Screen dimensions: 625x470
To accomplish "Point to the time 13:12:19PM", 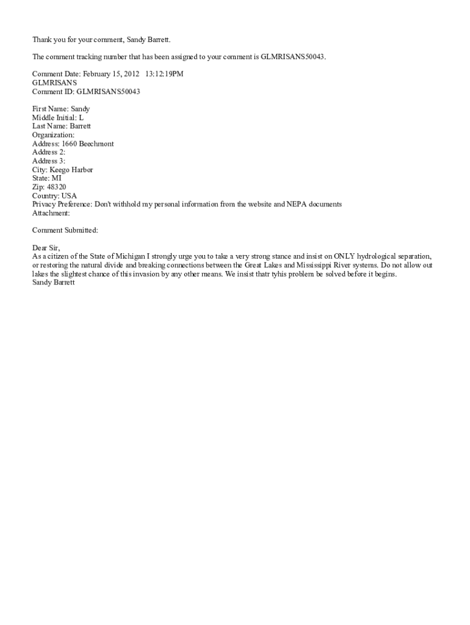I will coord(164,74).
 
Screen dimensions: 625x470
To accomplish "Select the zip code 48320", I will coord(57,187).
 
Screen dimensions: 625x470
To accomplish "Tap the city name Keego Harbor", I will coord(73,170).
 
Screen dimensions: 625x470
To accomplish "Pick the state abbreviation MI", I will coord(57,178).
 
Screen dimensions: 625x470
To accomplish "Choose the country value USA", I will coord(69,196).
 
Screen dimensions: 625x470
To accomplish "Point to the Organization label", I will coord(53,135).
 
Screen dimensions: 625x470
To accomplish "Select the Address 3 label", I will coord(49,161).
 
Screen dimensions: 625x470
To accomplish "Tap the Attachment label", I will coord(51,213).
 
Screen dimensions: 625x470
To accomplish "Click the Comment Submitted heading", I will coord(65,231).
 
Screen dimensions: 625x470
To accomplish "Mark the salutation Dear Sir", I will coord(46,248).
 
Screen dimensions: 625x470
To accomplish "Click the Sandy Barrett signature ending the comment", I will coord(54,283).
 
